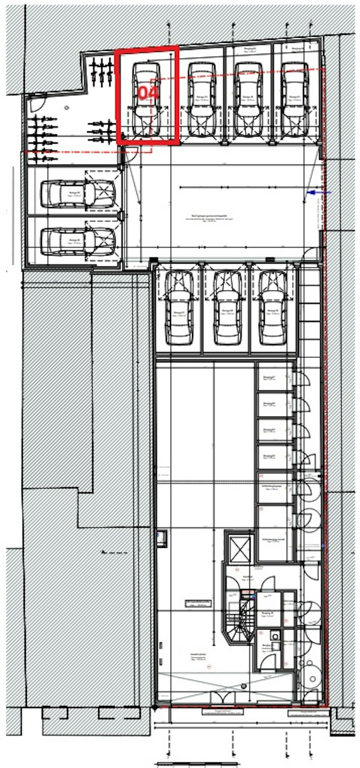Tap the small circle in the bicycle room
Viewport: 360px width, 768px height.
click(67, 108)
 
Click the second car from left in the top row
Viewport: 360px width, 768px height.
click(202, 99)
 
